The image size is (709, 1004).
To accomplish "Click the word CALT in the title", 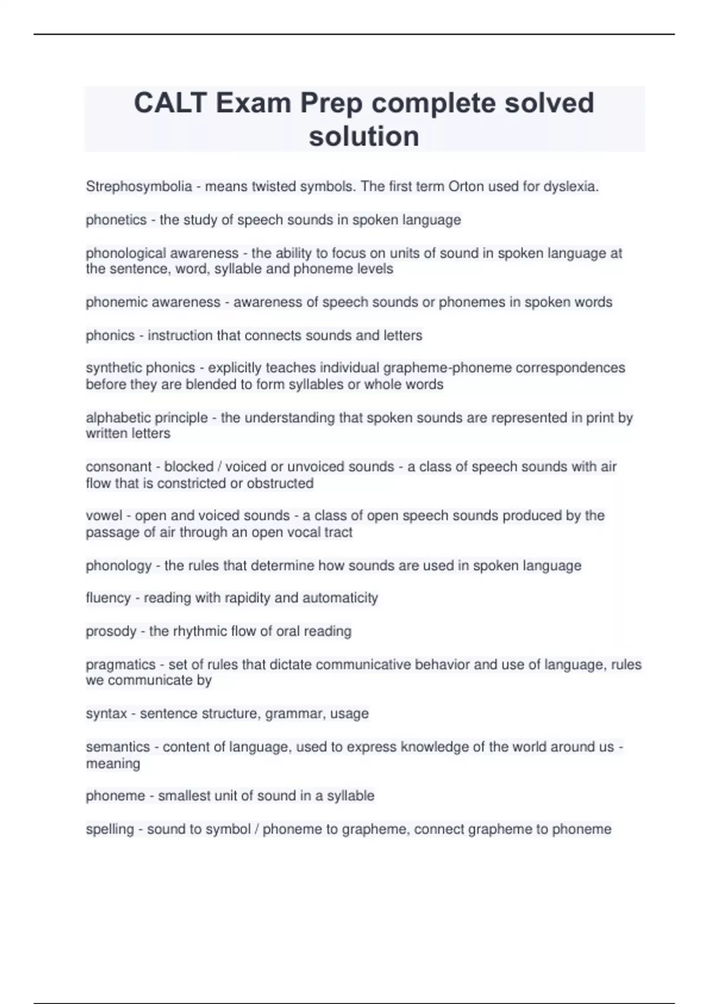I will pyautogui.click(x=170, y=103).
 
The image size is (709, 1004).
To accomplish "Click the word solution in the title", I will pyautogui.click(x=364, y=136).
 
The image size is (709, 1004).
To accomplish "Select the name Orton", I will pyautogui.click(x=466, y=187).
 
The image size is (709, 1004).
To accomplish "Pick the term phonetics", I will pyautogui.click(x=116, y=220).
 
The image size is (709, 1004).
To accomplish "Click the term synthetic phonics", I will pyautogui.click(x=140, y=368).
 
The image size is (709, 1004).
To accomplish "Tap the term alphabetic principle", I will pyautogui.click(x=147, y=418).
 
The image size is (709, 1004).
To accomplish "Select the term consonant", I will pyautogui.click(x=118, y=467).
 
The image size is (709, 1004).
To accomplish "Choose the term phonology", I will pyautogui.click(x=118, y=566).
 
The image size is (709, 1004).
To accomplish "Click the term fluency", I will pyautogui.click(x=108, y=598).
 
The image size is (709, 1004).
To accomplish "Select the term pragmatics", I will pyautogui.click(x=121, y=664).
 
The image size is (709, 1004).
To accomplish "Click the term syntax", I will pyautogui.click(x=106, y=713).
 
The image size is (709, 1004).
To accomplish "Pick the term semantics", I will pyautogui.click(x=118, y=747).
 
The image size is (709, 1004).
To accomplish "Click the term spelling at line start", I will pyautogui.click(x=110, y=829).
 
